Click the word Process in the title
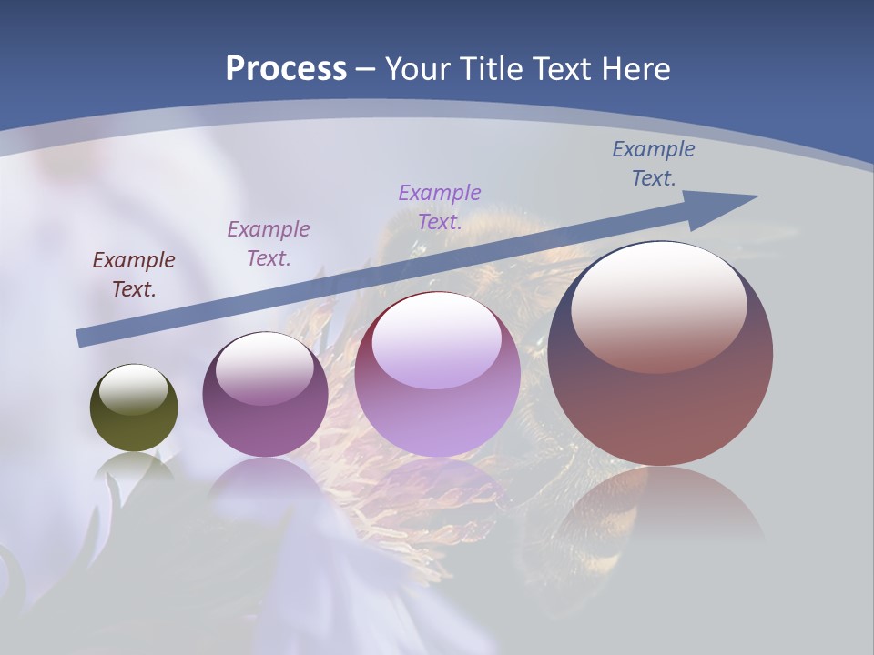286,69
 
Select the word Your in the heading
420,69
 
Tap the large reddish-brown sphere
660,400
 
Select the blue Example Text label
654,164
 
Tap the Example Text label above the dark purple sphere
269,244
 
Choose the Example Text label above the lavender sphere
440,207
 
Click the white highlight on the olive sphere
134,390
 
